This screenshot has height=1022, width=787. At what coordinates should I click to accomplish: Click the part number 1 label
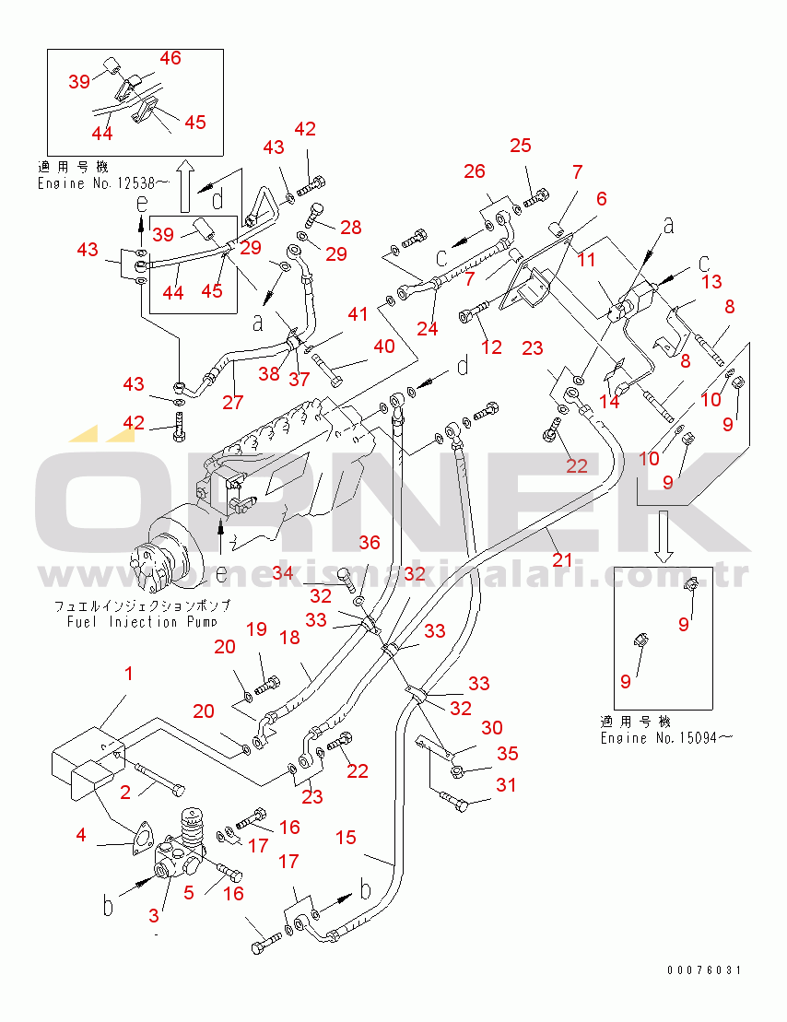click(x=129, y=674)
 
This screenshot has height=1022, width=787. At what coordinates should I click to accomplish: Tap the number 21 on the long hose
click(x=562, y=559)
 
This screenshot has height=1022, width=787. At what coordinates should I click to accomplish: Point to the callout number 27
click(x=234, y=402)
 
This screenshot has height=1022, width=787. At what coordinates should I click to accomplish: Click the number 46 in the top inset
click(x=170, y=58)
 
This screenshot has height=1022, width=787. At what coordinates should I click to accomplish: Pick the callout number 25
click(x=521, y=146)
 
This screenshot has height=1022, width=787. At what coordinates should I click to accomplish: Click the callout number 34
click(x=283, y=574)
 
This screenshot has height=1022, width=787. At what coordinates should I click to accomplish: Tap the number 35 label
click(x=508, y=753)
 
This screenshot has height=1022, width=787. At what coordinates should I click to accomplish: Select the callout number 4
click(x=81, y=836)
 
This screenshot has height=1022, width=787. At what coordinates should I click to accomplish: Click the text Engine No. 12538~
click(x=104, y=183)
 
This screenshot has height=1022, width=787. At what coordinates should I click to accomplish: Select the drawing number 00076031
click(x=704, y=970)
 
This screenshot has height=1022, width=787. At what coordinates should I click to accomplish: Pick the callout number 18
click(x=288, y=638)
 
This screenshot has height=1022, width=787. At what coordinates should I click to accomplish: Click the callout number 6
click(x=601, y=198)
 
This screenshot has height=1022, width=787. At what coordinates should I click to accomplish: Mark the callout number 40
click(x=383, y=347)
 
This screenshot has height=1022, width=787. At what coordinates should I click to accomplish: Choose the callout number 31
click(x=506, y=785)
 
